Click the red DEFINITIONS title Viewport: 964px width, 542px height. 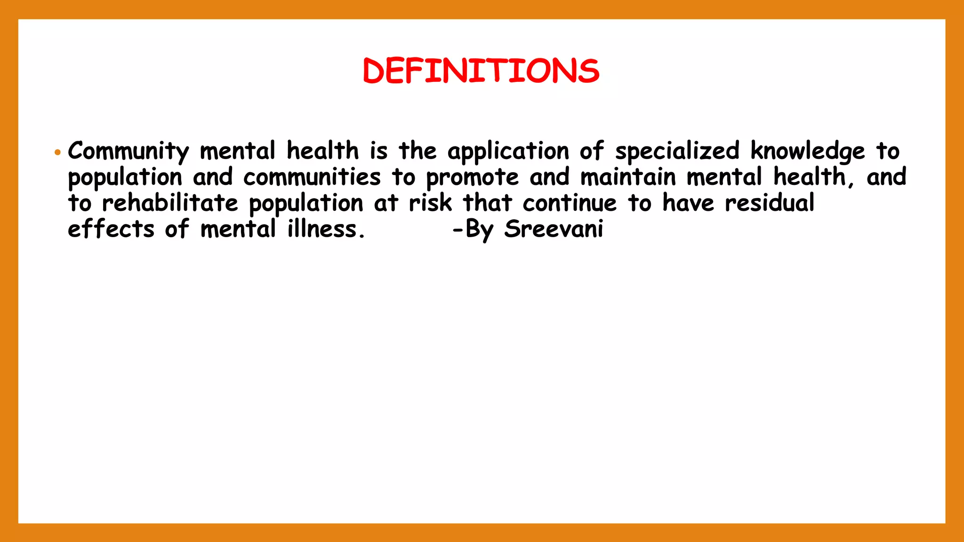tap(481, 71)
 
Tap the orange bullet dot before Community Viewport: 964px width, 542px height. tap(57, 152)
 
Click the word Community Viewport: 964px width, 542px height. tap(128, 151)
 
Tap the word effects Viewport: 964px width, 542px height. tap(111, 230)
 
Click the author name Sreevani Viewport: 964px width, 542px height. tap(554, 230)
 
